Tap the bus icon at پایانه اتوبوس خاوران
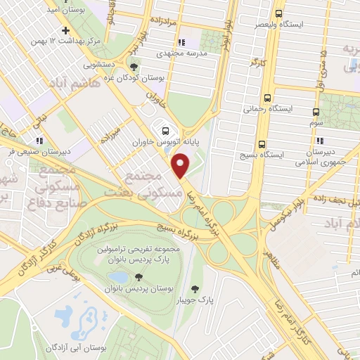tap(165, 131)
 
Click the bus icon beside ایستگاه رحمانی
tap(266, 98)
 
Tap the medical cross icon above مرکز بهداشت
tap(65, 31)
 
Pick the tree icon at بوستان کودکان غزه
tap(134, 68)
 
